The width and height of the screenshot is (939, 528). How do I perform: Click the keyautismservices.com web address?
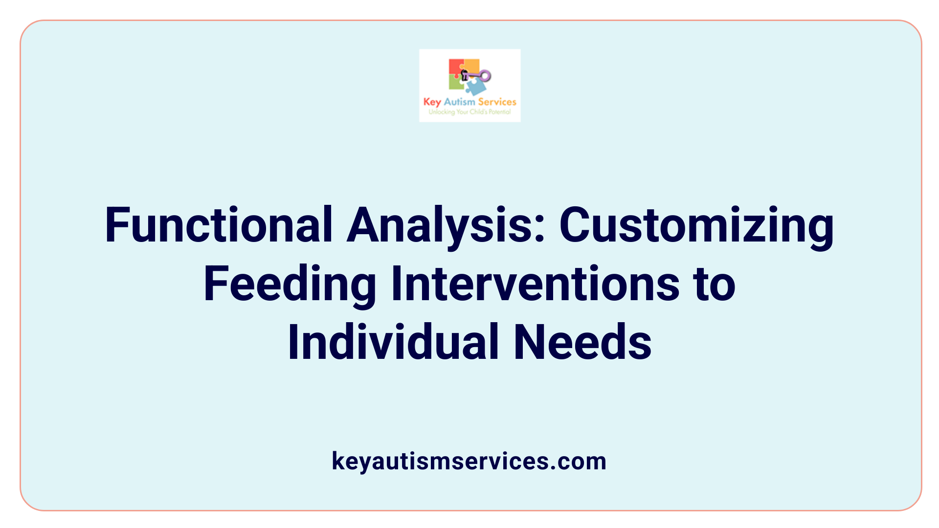[x=469, y=461]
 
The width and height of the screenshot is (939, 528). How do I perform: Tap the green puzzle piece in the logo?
[x=455, y=84]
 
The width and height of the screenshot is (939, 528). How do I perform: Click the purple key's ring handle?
[x=485, y=76]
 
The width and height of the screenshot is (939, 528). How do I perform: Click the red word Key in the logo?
[x=432, y=102]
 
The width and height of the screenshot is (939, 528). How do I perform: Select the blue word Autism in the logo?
[x=459, y=102]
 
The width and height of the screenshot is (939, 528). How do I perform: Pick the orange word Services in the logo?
[x=497, y=102]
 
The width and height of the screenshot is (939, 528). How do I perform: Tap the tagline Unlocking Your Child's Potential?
[x=469, y=112]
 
